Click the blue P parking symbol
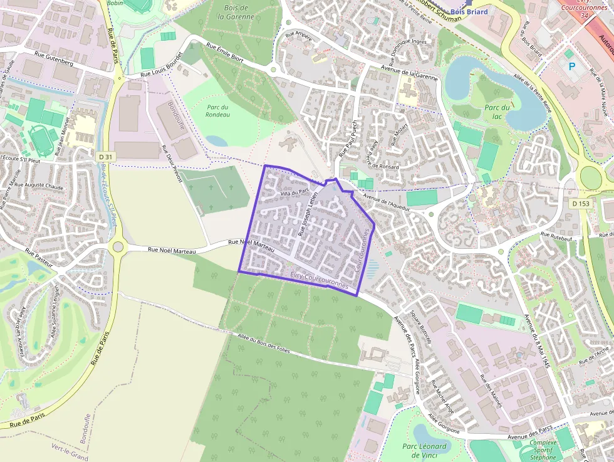[571, 66]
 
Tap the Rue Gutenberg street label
[54, 63]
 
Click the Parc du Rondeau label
[218, 110]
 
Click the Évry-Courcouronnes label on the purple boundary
[320, 276]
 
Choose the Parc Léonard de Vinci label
[424, 450]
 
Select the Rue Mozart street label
[399, 134]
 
